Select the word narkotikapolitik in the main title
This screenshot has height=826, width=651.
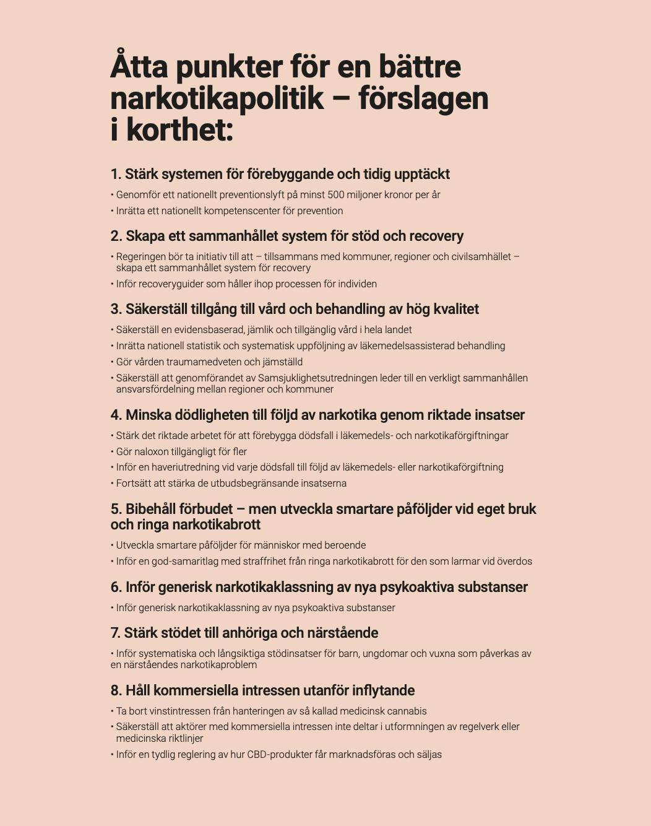(x=217, y=98)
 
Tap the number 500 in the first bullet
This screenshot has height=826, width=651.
(x=336, y=194)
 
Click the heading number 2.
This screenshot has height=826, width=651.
(x=116, y=236)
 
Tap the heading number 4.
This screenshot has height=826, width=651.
(x=116, y=415)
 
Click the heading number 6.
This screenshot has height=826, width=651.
(x=116, y=587)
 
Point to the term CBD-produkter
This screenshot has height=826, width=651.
(x=278, y=754)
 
